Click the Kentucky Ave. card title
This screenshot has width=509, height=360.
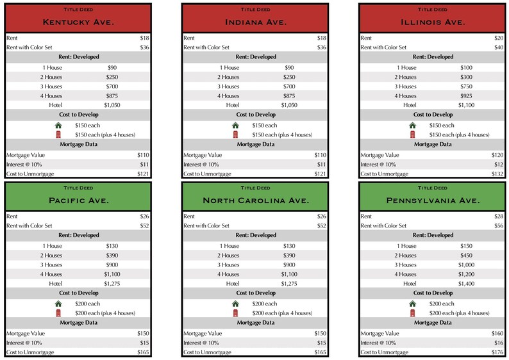coord(78,22)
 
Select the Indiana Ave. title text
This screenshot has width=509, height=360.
coord(254,22)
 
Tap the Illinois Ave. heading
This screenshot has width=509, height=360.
coord(431,22)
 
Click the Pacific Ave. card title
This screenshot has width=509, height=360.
coord(78,201)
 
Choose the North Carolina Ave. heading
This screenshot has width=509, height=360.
coord(254,201)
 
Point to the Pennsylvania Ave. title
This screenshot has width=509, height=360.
coord(431,201)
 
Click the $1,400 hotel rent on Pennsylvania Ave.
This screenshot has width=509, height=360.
coord(467,283)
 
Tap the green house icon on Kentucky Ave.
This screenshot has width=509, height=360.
coord(58,126)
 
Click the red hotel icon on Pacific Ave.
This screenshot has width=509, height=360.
coord(58,313)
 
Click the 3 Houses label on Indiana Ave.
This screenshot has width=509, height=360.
coord(229,86)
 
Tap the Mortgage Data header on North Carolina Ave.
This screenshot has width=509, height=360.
coord(254,323)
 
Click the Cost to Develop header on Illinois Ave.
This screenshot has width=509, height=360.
coord(431,115)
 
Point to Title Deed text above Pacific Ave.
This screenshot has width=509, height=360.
coord(78,188)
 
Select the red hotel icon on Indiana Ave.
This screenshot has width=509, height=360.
coord(235,135)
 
